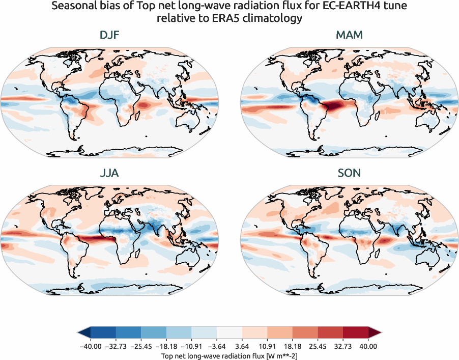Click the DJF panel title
point(110,35)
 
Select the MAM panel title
point(349,35)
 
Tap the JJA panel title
point(110,173)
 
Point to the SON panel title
point(349,173)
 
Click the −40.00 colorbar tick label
point(91,346)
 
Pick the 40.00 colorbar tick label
point(368,346)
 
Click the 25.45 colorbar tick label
point(318,346)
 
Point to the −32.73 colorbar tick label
point(116,346)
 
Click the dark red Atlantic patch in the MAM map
point(335,106)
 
